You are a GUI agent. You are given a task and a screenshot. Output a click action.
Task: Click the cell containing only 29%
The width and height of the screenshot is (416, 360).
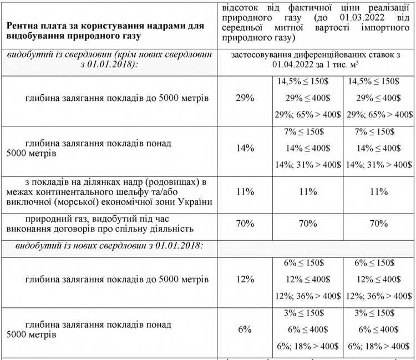coord(245,98)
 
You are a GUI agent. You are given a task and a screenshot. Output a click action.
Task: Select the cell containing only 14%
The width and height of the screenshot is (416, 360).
coord(245,148)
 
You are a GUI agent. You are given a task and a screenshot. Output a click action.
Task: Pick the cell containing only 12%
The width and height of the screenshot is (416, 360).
coord(245,279)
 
